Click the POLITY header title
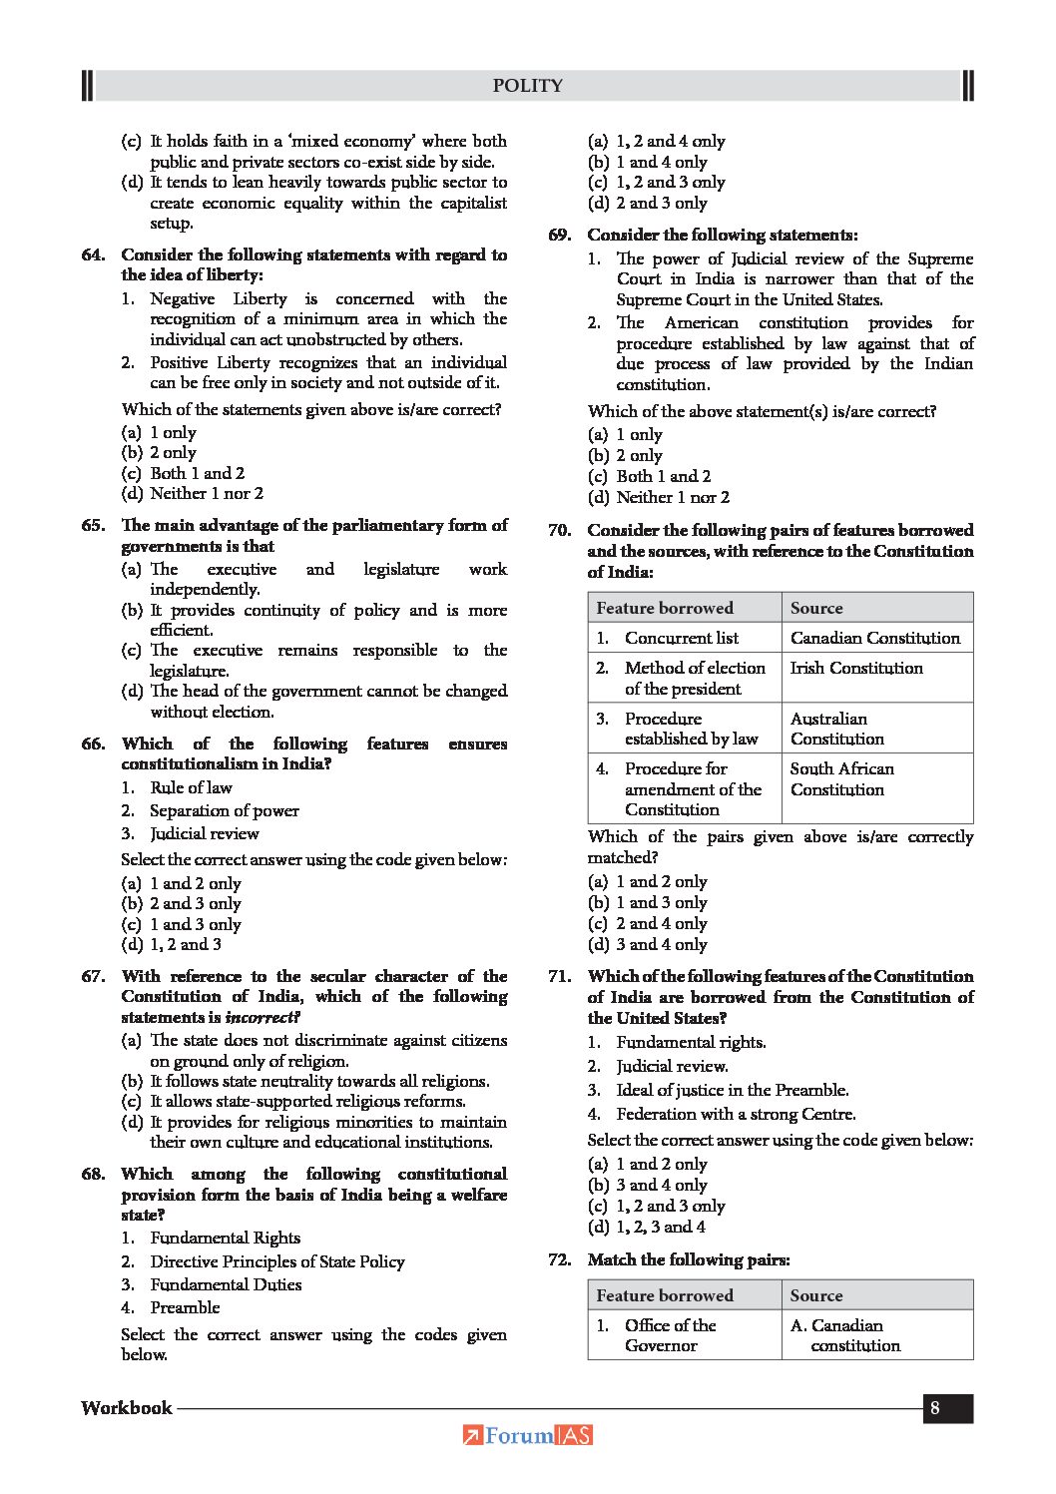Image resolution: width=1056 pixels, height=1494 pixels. pos(527,86)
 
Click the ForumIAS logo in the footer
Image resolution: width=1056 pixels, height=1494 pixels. pos(528,1435)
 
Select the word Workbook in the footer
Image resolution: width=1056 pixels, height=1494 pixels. pos(127,1408)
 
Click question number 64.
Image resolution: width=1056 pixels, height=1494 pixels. pos(93,255)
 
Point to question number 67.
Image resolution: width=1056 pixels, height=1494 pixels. pos(93,976)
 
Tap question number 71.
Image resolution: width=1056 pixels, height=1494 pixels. pos(559,976)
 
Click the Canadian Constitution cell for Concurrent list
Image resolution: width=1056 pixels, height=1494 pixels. pos(874,638)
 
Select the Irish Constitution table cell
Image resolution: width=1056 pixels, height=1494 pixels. pos(856,668)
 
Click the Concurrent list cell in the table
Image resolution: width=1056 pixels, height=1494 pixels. pos(681,638)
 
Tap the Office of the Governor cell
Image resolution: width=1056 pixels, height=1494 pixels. pos(670,1335)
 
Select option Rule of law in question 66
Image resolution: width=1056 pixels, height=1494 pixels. pos(191,787)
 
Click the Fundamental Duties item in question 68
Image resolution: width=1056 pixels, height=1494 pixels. pos(226,1284)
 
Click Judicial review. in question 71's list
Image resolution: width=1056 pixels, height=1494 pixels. pos(672,1066)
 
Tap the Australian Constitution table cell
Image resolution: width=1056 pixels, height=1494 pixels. pos(836,729)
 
